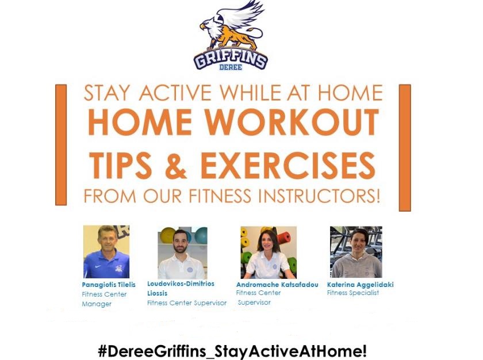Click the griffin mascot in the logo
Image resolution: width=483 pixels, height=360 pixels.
232,26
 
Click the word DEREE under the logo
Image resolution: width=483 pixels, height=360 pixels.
231,67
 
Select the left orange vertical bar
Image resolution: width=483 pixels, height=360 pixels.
61,145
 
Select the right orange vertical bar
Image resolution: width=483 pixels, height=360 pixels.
405,148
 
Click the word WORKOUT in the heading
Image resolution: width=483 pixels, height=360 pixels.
292,122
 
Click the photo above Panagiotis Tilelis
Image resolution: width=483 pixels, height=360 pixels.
106,252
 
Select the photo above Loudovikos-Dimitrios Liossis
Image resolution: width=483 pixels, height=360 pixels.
183,253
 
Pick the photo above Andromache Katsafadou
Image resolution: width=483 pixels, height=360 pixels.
269,252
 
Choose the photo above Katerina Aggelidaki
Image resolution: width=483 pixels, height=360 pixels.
356,252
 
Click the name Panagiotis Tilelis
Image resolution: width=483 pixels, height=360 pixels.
109,285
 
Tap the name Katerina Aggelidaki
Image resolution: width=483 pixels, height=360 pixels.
361,285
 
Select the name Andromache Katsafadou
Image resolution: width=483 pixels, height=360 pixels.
277,285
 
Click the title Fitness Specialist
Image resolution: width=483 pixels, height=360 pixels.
353,293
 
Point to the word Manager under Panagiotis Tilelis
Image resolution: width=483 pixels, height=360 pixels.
97,304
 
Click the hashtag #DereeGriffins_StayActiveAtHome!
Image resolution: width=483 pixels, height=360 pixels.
232,351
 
